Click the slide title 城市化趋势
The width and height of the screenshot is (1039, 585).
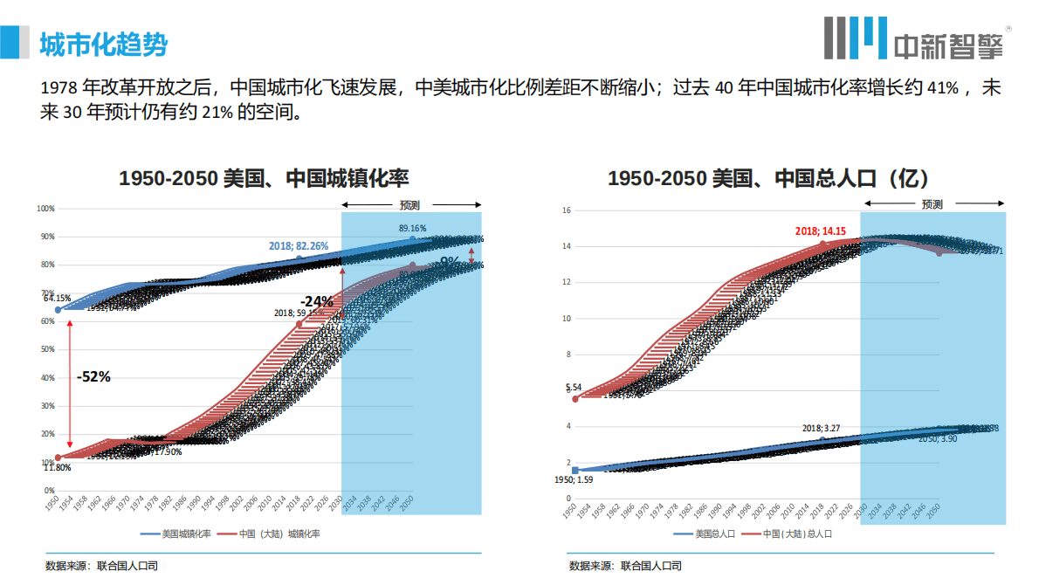[x=103, y=44]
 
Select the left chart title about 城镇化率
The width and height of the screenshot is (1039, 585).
[x=264, y=179]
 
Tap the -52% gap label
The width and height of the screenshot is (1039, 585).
[x=93, y=376]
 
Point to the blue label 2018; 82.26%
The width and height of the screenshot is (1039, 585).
[x=299, y=246]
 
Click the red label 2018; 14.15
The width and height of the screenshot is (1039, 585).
[x=820, y=231]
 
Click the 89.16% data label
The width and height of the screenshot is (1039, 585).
[x=413, y=228]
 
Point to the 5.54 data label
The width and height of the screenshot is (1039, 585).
[x=574, y=387]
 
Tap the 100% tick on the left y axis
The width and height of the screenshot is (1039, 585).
[x=45, y=209]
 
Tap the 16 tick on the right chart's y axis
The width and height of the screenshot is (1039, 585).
[x=566, y=210]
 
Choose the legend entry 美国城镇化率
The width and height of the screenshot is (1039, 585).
[x=175, y=533]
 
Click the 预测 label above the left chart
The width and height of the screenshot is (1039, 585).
[x=410, y=205]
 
